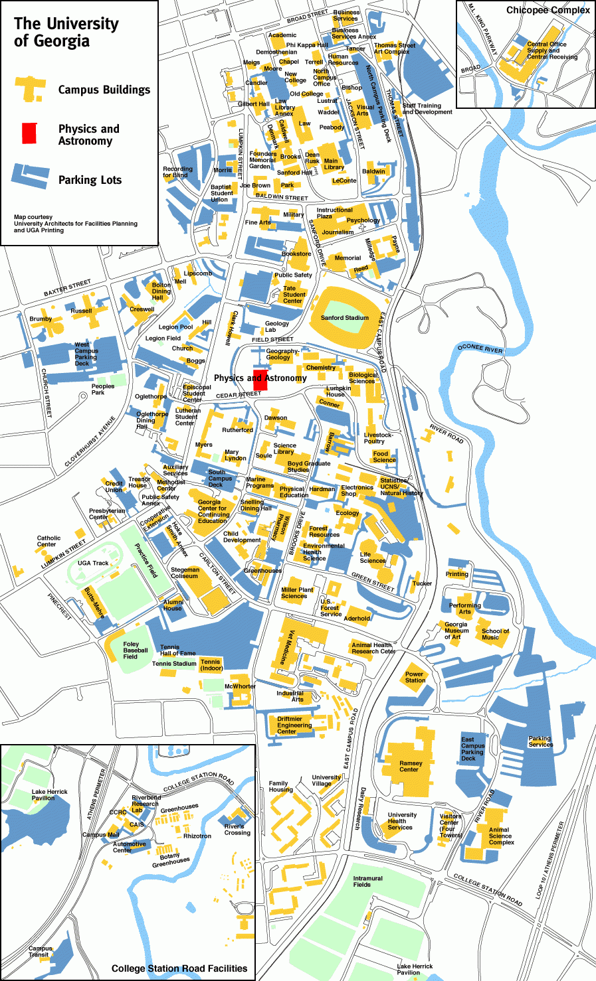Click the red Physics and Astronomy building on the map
(260, 377)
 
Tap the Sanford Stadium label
(344, 318)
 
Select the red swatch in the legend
(29, 133)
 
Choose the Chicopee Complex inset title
(547, 10)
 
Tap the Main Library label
(334, 164)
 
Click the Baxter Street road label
(67, 288)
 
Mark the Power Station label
(415, 677)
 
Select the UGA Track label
(93, 563)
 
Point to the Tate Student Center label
(294, 295)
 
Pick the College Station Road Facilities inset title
(179, 968)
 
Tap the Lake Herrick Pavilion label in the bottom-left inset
(50, 794)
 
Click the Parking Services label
(540, 741)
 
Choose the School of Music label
(495, 634)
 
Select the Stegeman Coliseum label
(185, 573)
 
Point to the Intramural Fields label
(367, 881)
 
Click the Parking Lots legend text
(90, 180)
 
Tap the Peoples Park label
(103, 389)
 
